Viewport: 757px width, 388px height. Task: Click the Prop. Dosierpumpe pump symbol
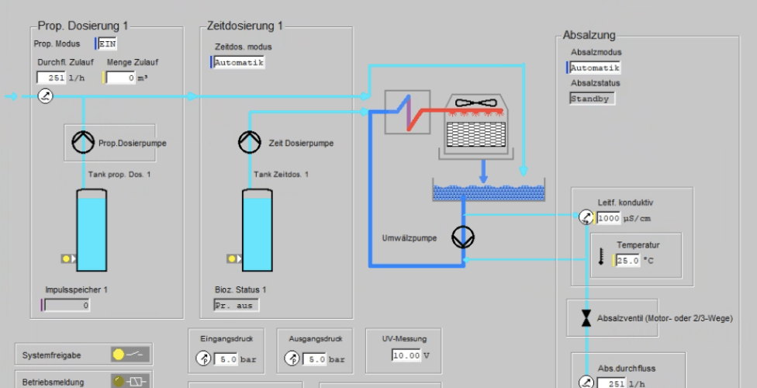pyautogui.click(x=83, y=142)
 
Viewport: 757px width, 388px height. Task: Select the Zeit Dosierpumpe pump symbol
pyautogui.click(x=250, y=142)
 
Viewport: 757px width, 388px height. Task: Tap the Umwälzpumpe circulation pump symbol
pyautogui.click(x=463, y=237)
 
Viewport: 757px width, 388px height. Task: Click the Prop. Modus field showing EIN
pyautogui.click(x=107, y=43)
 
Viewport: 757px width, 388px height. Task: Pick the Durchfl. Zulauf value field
pyautogui.click(x=52, y=78)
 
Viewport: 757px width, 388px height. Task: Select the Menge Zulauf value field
pyautogui.click(x=121, y=78)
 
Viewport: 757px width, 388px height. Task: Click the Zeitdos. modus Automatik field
pyautogui.click(x=239, y=62)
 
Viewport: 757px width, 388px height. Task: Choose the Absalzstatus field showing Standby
pyautogui.click(x=592, y=99)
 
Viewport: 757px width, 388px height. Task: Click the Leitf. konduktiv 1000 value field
pyautogui.click(x=608, y=218)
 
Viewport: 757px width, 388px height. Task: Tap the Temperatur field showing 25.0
pyautogui.click(x=627, y=261)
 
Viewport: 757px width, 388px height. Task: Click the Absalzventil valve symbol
pyautogui.click(x=586, y=318)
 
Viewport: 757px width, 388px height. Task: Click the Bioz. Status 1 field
pyautogui.click(x=236, y=306)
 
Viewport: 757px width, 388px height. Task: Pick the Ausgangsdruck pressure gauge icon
pyautogui.click(x=292, y=359)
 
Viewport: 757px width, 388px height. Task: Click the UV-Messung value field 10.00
pyautogui.click(x=406, y=355)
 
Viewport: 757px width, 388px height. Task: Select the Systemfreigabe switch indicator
pyautogui.click(x=130, y=355)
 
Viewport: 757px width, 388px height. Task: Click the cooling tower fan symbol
pyautogui.click(x=475, y=103)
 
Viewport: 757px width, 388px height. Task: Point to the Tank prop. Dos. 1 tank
pyautogui.click(x=92, y=230)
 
